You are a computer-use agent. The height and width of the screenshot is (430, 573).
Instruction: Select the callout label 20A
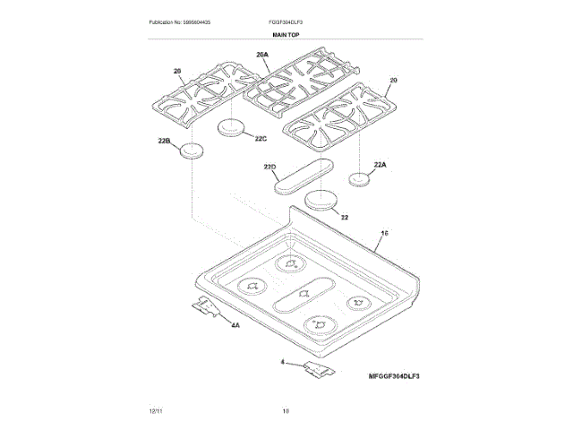262,56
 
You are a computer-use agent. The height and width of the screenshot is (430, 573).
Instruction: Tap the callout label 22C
261,138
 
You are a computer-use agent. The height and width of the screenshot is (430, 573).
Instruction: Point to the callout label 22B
164,140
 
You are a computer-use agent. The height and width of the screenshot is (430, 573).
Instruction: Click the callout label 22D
271,167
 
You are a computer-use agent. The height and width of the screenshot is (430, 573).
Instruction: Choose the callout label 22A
380,164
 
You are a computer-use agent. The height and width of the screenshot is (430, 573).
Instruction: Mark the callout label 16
385,233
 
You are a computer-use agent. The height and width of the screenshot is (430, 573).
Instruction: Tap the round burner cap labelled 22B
191,150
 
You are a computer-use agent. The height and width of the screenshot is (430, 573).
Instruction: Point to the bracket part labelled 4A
207,306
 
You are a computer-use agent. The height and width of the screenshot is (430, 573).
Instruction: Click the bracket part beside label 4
318,368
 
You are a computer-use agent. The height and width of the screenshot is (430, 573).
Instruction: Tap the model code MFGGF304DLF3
393,375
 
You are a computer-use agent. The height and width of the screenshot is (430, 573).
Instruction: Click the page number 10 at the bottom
286,410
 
